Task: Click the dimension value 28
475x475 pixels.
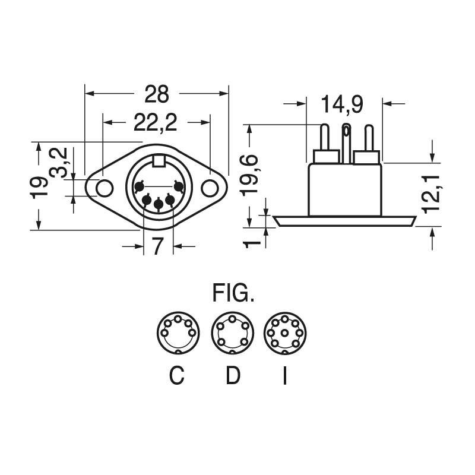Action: click(x=156, y=94)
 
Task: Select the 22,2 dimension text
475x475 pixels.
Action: click(x=156, y=122)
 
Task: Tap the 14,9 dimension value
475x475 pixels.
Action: click(x=343, y=104)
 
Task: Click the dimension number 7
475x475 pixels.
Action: click(x=158, y=246)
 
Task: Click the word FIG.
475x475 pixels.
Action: click(x=233, y=294)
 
